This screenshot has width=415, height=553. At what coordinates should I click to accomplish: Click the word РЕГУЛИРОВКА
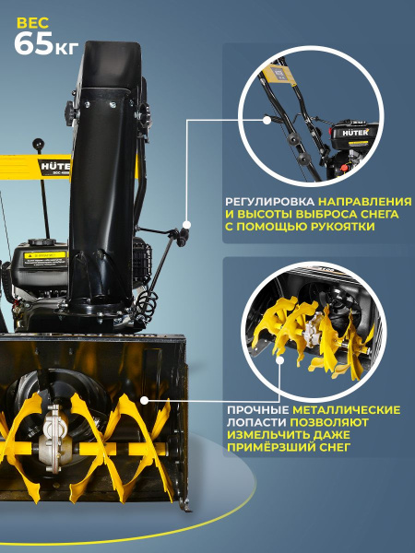tap(269, 200)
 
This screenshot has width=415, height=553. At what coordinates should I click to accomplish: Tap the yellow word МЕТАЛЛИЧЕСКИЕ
tap(346, 409)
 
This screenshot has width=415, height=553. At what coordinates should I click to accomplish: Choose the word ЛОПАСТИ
tap(257, 422)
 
